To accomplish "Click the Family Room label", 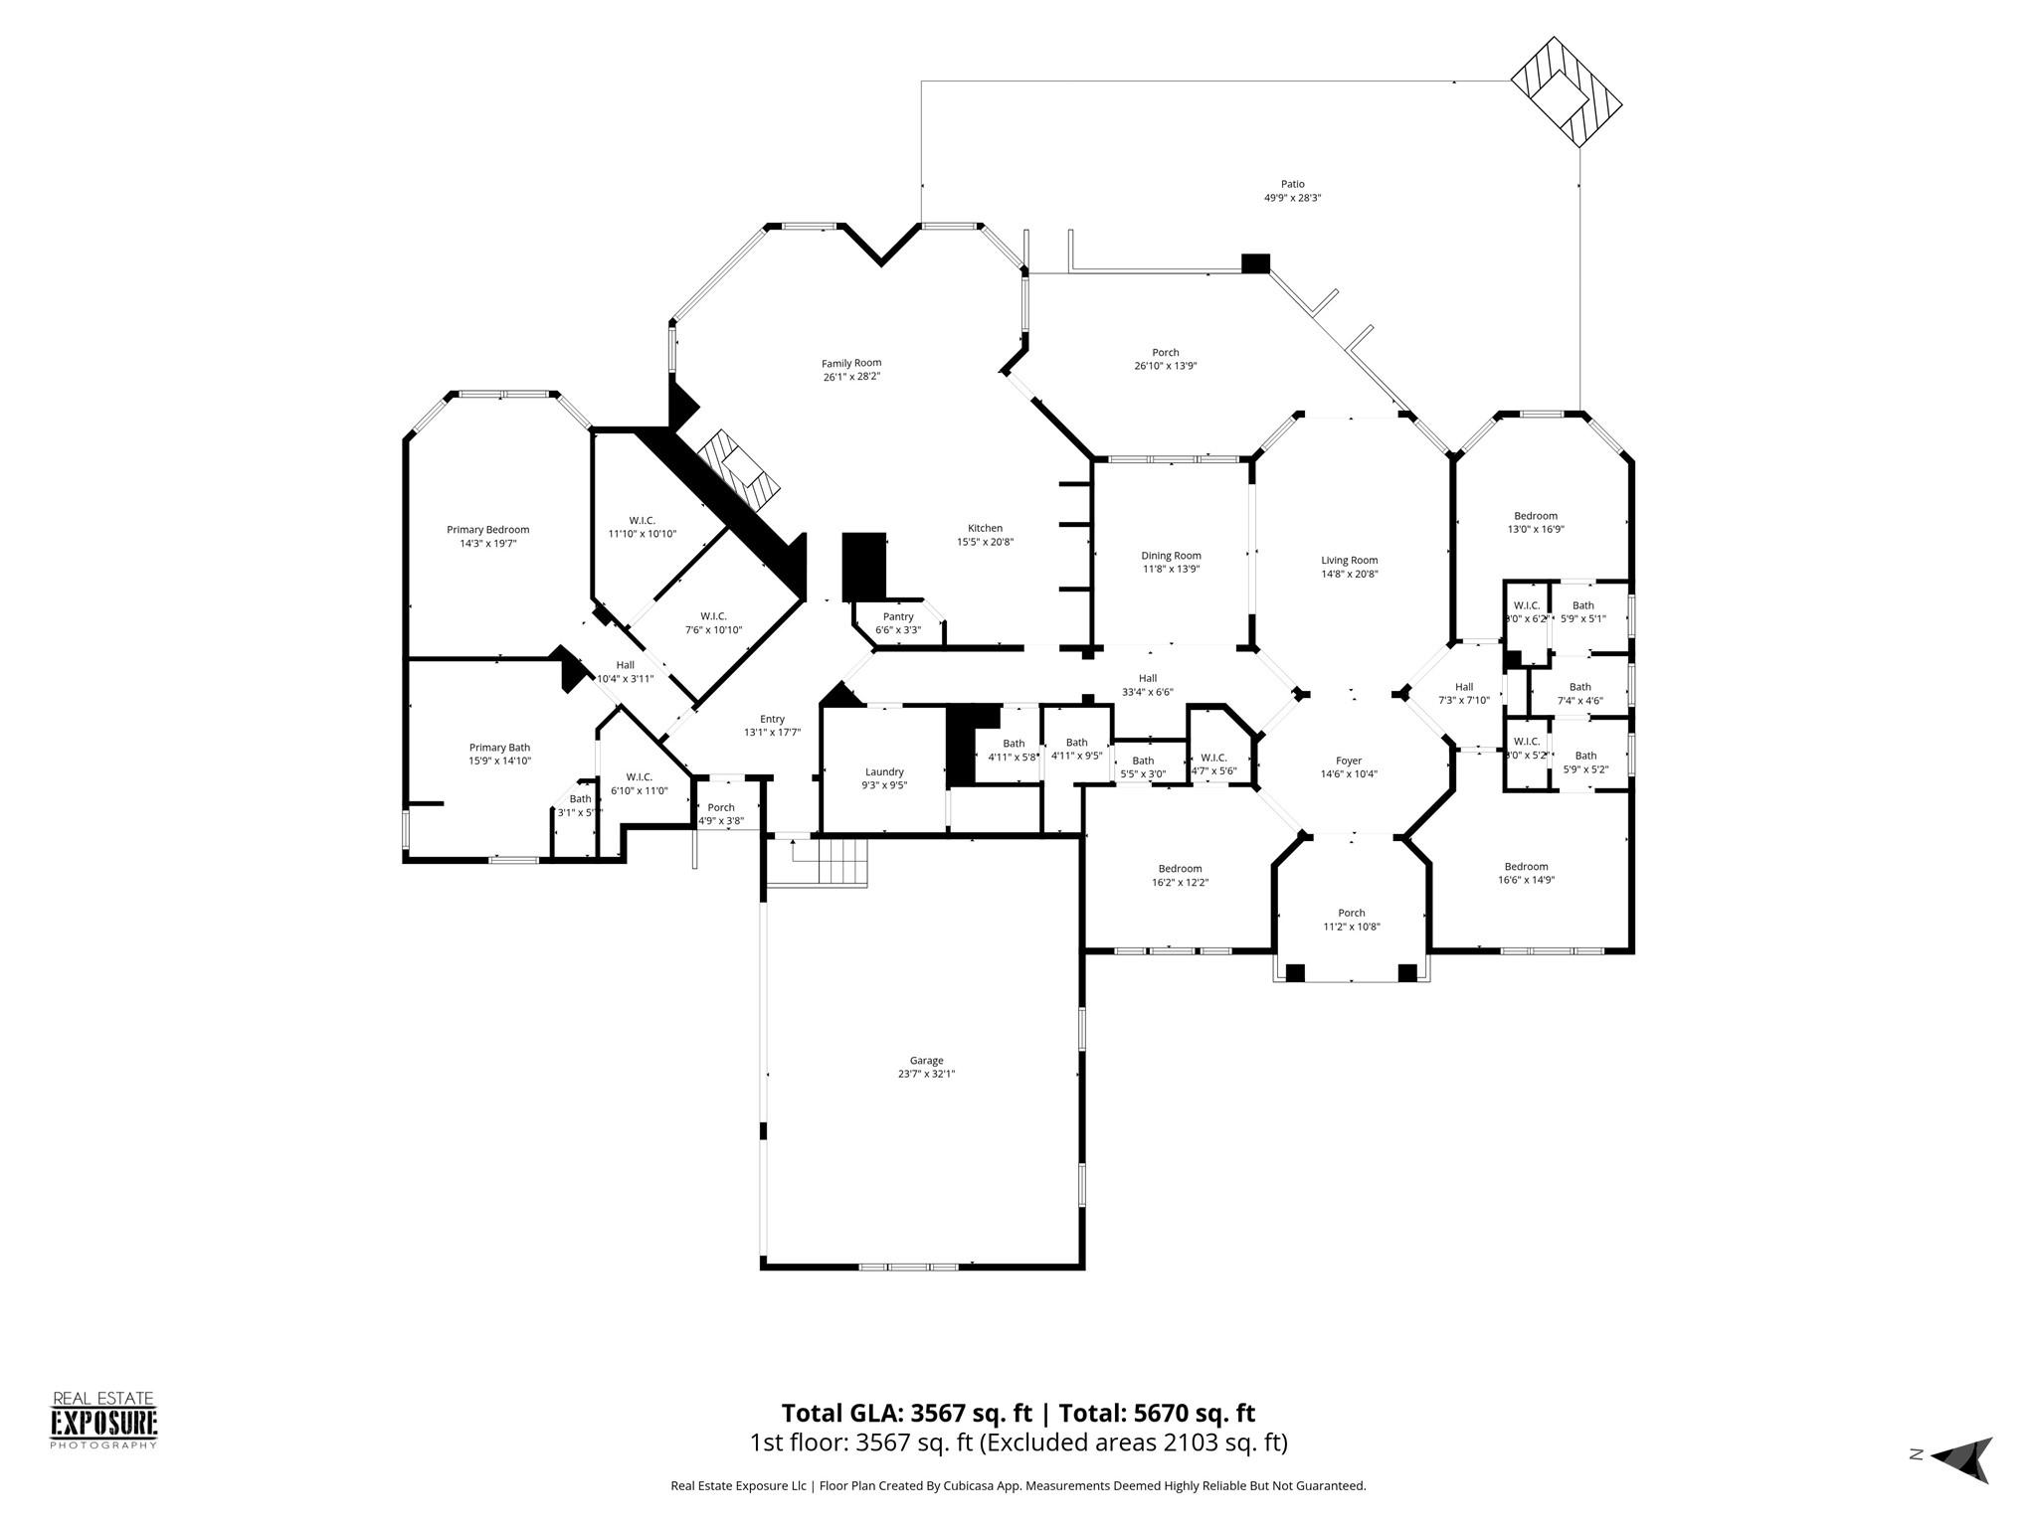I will tap(850, 363).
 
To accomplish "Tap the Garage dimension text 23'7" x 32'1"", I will tap(926, 1074).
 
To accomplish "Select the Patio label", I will tap(1292, 184).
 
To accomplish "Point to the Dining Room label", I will tap(1171, 556).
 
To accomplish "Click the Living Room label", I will tap(1349, 560).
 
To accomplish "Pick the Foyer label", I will tap(1349, 761).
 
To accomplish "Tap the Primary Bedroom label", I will tap(487, 530).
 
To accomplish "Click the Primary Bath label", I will tap(499, 748).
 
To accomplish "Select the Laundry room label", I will tap(884, 771).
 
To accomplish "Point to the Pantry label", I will tap(897, 616).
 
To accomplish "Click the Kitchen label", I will tap(985, 528).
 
